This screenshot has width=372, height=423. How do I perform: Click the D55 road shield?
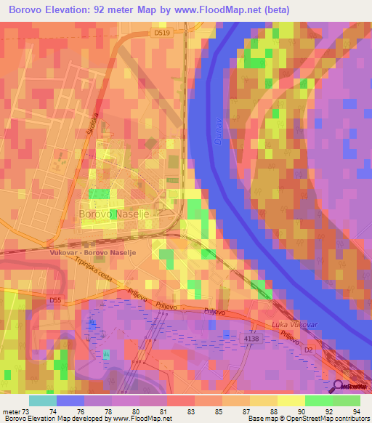(x=57, y=299)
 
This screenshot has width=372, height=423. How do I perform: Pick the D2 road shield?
(x=307, y=350)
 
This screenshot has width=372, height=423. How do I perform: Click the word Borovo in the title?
(x=30, y=10)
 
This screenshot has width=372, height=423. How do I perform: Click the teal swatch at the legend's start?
(x=43, y=400)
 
